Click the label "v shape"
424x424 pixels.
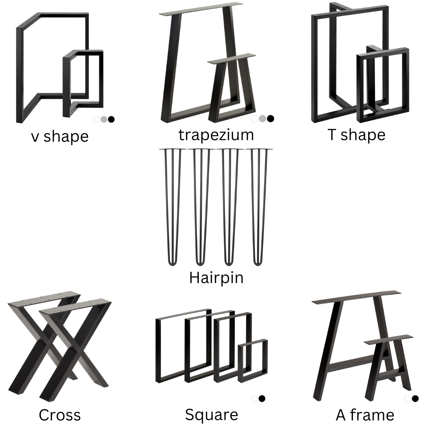tap(60, 136)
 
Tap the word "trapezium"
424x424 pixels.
tap(216, 135)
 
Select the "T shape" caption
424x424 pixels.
tap(356, 135)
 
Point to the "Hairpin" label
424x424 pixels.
tap(216, 278)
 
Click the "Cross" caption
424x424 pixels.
tap(60, 415)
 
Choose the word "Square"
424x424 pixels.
tap(211, 415)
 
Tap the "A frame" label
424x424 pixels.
tap(365, 415)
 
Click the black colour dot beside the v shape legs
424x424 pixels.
tap(111, 119)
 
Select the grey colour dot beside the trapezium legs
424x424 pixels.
tap(262, 119)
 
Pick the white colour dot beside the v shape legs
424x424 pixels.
tap(97, 119)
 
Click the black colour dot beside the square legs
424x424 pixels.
tap(262, 398)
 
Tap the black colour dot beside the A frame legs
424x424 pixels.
tap(415, 398)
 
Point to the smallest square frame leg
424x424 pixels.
tap(253, 360)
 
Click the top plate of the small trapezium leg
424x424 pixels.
tap(232, 58)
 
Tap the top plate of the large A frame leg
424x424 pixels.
tap(356, 297)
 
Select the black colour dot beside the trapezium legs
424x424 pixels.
tap(270, 119)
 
